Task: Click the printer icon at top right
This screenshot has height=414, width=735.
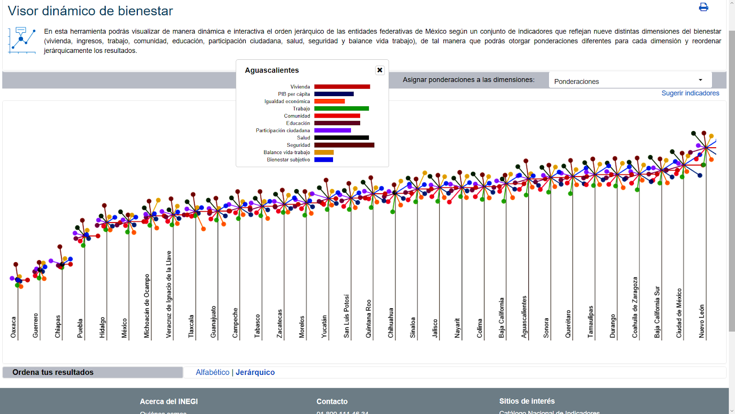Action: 703,7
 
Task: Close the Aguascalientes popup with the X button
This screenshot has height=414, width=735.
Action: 379,70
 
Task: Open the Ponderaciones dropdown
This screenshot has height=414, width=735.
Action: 630,81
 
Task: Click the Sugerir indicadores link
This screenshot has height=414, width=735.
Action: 690,93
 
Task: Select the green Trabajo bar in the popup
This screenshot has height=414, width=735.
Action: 341,109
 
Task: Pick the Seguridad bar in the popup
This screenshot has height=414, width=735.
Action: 344,145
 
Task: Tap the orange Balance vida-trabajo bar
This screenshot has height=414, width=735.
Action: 324,152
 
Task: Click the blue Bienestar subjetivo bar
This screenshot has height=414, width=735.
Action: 323,160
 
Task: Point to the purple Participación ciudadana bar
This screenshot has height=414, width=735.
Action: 333,130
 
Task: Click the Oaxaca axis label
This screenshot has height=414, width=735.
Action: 13,328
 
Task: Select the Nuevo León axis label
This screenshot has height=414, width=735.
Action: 701,322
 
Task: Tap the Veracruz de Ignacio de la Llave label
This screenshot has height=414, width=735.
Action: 169,294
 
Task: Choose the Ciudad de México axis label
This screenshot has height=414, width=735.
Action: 679,313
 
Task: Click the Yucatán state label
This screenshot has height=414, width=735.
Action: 324,327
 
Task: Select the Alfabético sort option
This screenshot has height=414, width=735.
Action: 212,372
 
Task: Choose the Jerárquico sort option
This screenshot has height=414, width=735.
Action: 255,372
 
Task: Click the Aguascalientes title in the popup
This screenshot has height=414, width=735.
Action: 271,70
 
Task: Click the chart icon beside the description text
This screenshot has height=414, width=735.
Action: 22,40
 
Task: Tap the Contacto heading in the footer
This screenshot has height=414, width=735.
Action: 332,402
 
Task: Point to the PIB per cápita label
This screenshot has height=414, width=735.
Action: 294,94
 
